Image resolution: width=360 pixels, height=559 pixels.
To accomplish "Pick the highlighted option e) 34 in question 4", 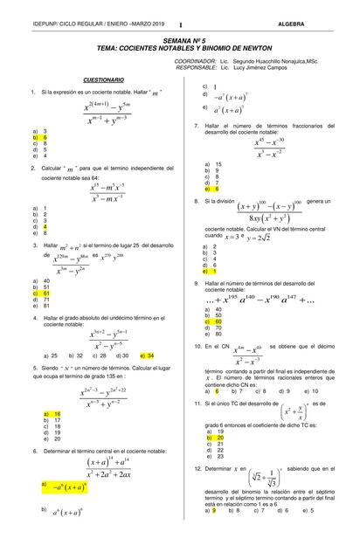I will click(146, 356).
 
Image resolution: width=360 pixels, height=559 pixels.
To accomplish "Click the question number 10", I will click(198, 346).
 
